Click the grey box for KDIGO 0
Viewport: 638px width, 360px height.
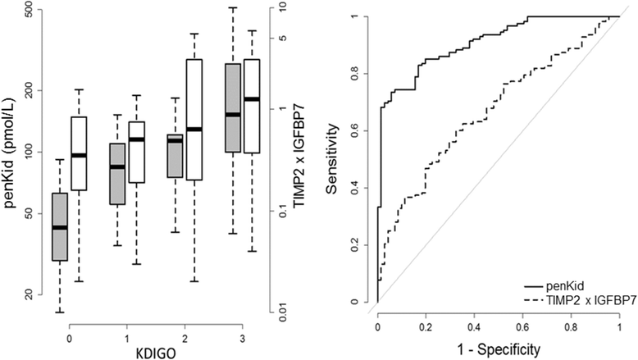[x=60, y=226]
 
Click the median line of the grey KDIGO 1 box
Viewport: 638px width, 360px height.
[x=118, y=166]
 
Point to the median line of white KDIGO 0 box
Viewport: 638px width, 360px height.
[x=79, y=155]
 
